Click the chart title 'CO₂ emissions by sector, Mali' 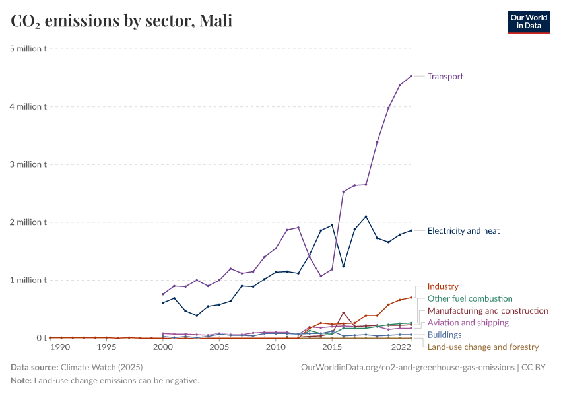121,22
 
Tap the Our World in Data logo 528,22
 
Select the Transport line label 445,77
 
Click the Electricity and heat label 463,231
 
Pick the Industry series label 442,287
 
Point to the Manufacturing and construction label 488,311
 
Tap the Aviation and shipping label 468,323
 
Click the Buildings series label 444,335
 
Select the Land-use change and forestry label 483,346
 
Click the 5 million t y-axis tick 27,49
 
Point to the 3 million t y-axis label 27,164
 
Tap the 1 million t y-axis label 27,280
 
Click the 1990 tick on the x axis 59,347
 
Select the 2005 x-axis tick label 219,347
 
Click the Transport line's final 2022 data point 411,76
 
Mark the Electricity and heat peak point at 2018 366,216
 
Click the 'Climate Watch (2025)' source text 99,367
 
